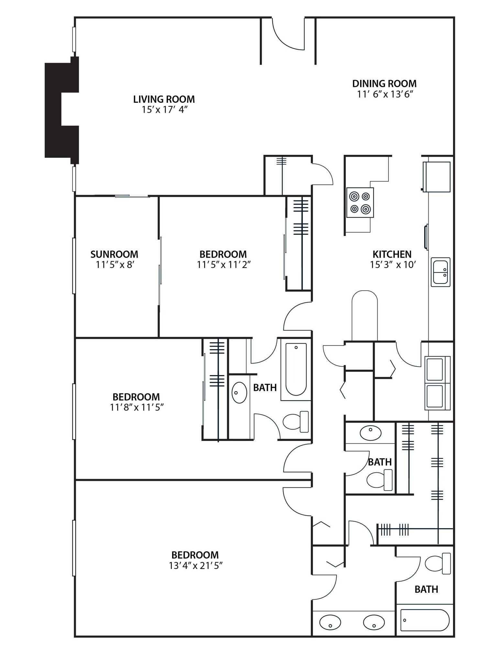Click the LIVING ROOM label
164,99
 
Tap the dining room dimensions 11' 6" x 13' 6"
385,94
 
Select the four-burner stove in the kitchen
360,203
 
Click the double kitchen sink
440,272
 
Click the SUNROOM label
114,254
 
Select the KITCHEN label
392,254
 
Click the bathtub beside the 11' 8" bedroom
296,369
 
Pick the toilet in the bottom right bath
437,564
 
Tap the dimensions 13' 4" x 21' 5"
196,566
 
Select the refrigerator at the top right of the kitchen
437,177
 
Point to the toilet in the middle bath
379,480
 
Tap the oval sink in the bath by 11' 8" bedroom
239,392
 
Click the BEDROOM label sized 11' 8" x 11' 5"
136,397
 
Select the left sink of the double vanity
330,622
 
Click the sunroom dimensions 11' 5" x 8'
115,265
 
